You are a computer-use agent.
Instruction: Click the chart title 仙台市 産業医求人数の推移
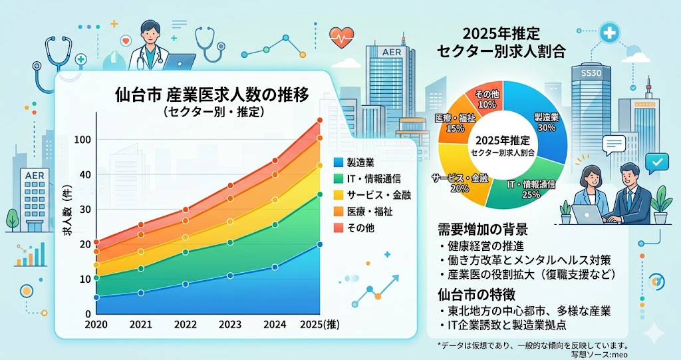(211, 94)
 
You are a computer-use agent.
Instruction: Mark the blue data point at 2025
(319, 244)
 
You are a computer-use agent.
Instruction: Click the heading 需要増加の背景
(483, 230)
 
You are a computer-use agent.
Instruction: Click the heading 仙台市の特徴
(477, 293)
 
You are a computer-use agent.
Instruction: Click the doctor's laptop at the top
(178, 63)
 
